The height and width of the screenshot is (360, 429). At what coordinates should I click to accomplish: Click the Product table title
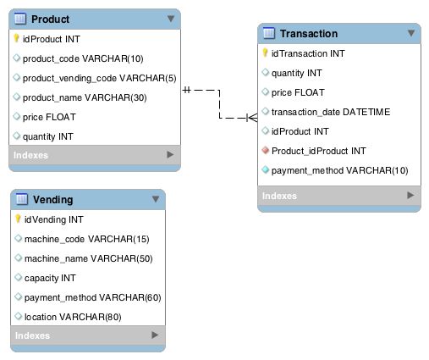pos(50,19)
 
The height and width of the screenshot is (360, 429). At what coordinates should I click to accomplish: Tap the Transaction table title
pos(309,34)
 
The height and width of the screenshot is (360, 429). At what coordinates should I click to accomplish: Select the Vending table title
pos(52,200)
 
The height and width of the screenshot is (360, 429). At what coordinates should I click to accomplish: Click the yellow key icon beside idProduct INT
pos(16,38)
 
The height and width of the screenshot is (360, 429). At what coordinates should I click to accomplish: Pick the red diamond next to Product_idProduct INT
pos(265,150)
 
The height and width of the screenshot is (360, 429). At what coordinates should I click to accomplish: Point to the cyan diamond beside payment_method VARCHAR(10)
pos(265,169)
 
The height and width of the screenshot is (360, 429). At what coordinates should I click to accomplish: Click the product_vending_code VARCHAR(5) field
pos(99,78)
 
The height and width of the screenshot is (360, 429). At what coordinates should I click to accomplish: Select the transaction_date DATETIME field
pos(331,112)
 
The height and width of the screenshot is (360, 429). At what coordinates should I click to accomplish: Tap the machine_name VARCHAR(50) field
pos(88,258)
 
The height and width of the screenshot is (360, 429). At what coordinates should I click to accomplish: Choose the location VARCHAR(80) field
pos(73,317)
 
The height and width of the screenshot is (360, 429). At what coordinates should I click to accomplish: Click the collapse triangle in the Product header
pos(171,19)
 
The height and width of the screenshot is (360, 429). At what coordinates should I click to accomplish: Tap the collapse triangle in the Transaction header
pos(411,33)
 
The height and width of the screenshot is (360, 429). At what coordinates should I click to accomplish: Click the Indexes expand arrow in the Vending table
pos(155,335)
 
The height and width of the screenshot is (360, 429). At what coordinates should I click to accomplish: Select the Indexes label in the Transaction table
pos(279,196)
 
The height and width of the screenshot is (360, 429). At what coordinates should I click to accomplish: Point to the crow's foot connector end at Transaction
pos(252,118)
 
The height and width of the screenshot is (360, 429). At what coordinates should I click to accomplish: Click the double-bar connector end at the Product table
pos(187,90)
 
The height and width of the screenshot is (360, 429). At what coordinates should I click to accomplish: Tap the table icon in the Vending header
pos(22,199)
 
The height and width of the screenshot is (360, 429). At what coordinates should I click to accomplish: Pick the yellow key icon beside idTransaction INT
pos(265,53)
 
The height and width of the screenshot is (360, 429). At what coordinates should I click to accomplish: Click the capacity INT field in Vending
pos(50,278)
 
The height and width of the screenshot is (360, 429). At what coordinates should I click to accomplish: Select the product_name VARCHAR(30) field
pos(85,97)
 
